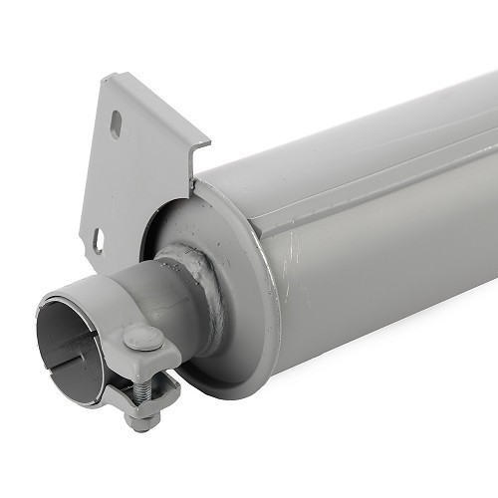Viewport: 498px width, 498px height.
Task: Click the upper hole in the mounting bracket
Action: [116, 124]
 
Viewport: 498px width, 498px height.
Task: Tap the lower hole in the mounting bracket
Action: [99, 239]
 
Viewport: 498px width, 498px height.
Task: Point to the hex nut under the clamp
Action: [142, 419]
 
